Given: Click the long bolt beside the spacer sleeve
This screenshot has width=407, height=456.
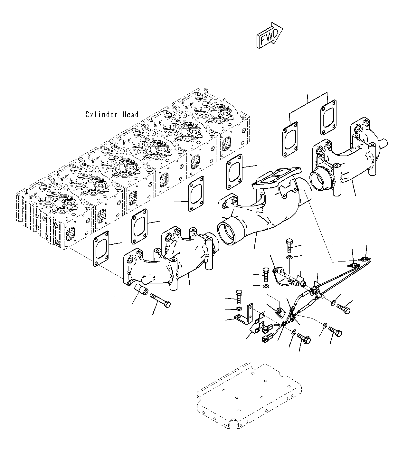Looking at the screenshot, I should [x=160, y=299].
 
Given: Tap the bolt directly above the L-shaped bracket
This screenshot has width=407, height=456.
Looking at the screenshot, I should [x=239, y=297].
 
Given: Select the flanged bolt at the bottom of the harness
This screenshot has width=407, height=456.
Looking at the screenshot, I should [x=304, y=338].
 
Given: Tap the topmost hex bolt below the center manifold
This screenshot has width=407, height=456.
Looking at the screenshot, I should [x=289, y=246].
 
